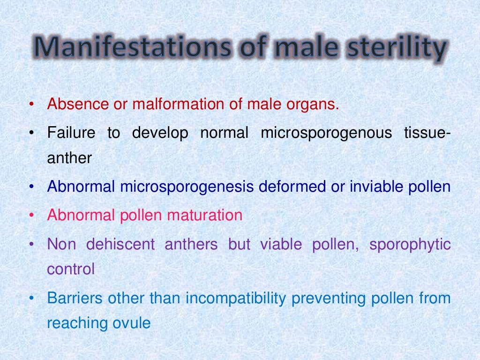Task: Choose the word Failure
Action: [71, 133]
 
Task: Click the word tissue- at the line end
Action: [427, 133]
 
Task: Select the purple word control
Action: [71, 269]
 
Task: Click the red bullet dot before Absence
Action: [31, 105]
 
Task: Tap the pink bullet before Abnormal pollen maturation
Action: [31, 216]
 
